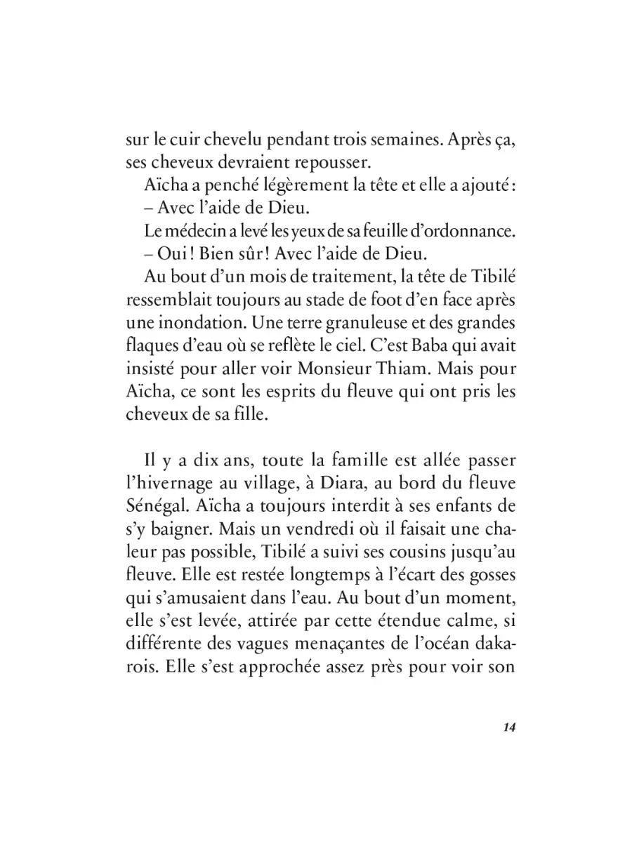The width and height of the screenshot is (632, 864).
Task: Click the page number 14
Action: tap(510, 726)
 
